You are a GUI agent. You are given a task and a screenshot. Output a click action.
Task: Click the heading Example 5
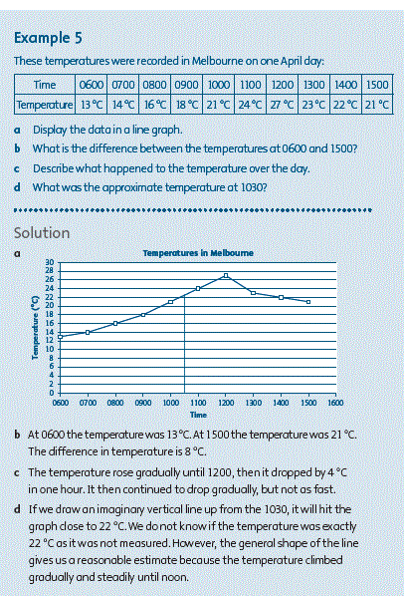(48, 38)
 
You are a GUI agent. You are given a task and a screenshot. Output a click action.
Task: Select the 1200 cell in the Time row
(282, 85)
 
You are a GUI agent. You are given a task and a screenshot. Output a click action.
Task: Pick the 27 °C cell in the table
(282, 105)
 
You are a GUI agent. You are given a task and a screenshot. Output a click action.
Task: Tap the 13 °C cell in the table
(91, 105)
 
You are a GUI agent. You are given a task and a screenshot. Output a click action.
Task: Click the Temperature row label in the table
(45, 105)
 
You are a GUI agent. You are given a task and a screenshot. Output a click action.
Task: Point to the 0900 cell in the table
(186, 85)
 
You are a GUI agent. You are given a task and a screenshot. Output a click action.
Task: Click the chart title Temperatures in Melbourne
(198, 253)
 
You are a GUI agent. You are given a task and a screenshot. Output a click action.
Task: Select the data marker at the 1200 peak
(226, 275)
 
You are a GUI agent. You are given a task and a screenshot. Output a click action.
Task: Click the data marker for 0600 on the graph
(61, 337)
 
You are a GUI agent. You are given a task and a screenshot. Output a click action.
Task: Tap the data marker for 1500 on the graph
(308, 302)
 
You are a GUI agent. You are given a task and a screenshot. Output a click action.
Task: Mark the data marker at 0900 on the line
(143, 315)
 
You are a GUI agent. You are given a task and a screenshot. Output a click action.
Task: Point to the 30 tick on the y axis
(50, 262)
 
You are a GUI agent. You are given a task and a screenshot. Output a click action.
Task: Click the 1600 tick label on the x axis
(335, 403)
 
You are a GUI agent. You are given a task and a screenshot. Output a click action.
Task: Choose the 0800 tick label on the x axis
(115, 403)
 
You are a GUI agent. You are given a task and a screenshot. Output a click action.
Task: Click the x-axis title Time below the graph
(198, 415)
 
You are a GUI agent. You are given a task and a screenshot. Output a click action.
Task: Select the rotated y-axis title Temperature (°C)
(36, 328)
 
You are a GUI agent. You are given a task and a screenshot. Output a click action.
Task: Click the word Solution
(42, 233)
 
